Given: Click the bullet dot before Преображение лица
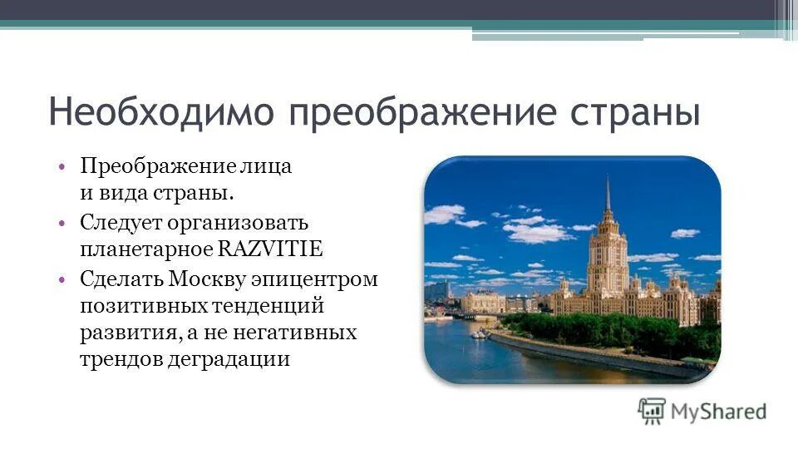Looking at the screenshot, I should tap(63, 166).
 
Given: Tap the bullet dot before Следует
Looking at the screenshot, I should tap(63, 223).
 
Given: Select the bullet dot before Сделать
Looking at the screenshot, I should tap(63, 279).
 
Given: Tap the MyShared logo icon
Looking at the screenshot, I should tap(651, 410).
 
